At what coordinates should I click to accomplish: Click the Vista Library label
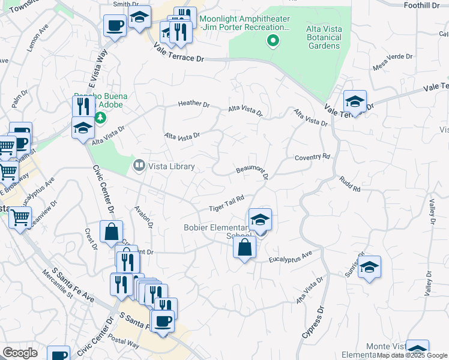click(171, 166)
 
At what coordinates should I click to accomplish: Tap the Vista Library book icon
click(139, 164)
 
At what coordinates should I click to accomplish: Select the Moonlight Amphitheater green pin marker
click(273, 41)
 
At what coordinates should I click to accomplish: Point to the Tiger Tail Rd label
click(226, 204)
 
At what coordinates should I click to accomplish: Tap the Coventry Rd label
click(312, 157)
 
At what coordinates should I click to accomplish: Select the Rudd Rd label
click(349, 184)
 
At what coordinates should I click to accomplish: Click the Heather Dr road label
click(194, 104)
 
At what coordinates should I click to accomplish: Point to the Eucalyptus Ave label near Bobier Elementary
click(291, 257)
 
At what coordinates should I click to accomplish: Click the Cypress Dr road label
click(313, 325)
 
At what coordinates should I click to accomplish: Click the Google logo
click(19, 353)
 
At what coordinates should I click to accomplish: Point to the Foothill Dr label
click(423, 5)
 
